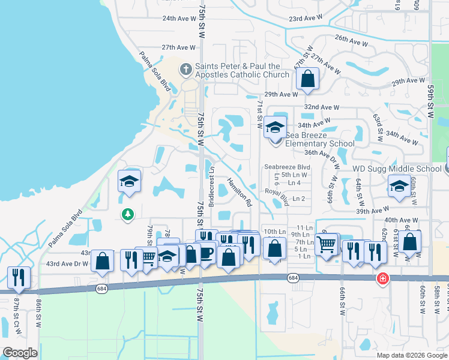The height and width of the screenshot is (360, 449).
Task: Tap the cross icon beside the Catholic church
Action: (186, 70)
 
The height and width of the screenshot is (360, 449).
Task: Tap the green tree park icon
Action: (127, 214)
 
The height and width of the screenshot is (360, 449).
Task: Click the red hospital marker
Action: (382, 279)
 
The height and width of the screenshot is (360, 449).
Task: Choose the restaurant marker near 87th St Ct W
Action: (19, 277)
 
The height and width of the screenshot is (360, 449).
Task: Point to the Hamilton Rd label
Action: (239, 192)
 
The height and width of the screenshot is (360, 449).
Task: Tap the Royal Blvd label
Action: (277, 197)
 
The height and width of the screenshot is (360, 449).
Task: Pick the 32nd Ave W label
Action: (322, 107)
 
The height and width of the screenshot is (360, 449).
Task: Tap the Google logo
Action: (20, 353)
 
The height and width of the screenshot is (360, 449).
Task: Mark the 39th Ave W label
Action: (372, 211)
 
